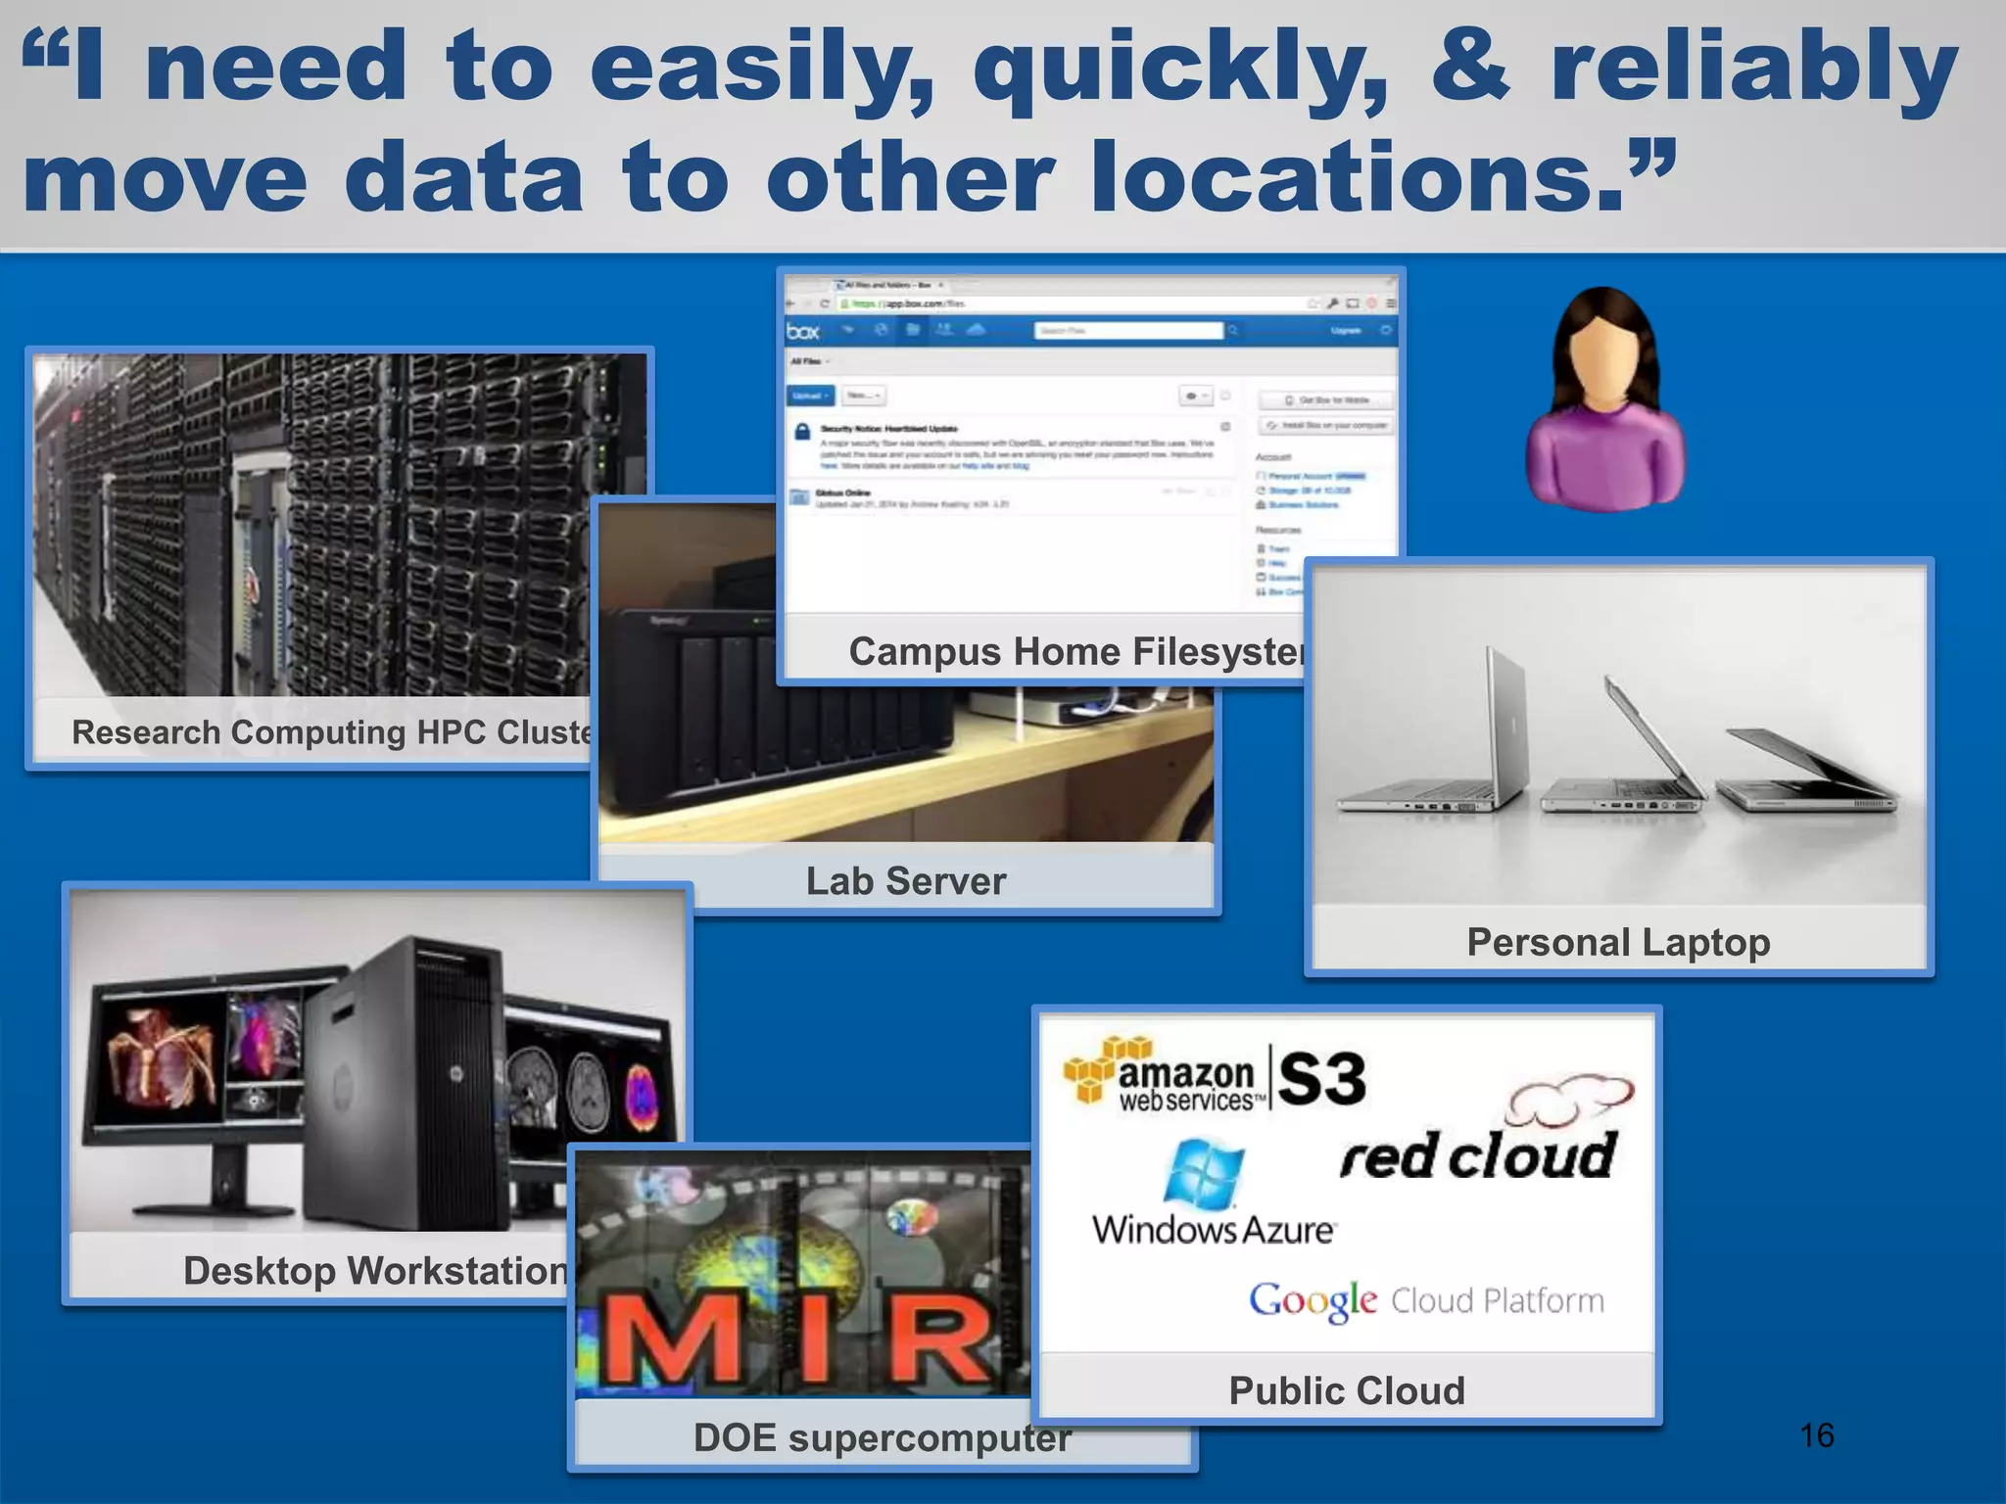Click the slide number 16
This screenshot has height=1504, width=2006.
tap(1817, 1435)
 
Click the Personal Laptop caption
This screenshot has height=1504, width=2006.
tap(1618, 942)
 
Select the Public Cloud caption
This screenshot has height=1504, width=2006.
tap(1347, 1390)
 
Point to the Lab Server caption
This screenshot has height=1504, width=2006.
tap(905, 880)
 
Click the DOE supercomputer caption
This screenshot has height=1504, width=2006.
tap(882, 1437)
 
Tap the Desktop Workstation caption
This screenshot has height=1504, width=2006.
tap(375, 1270)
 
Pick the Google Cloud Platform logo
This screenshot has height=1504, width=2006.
tap(1426, 1300)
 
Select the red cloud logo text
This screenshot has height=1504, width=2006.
tap(1478, 1156)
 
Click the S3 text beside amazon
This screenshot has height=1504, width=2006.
tap(1321, 1079)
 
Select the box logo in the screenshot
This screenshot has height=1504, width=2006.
tap(803, 331)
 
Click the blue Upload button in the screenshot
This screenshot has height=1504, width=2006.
tap(810, 396)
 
